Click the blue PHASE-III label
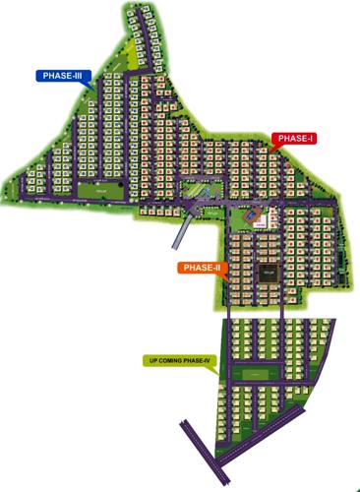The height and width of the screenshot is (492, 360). tap(63, 75)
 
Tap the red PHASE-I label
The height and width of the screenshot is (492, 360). tap(295, 140)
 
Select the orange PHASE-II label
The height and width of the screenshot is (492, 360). tap(203, 267)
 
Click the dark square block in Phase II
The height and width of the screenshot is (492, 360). tap(267, 275)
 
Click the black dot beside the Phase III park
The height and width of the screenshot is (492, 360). tap(122, 184)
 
